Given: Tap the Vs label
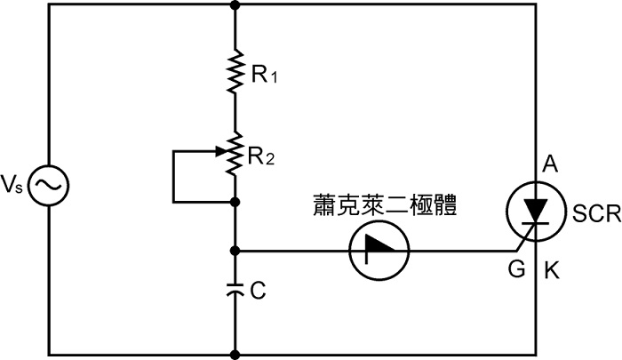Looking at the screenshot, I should pyautogui.click(x=13, y=185).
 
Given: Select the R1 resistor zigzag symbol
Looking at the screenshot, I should pyautogui.click(x=235, y=73).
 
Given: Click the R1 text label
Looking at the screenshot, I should pyautogui.click(x=264, y=76).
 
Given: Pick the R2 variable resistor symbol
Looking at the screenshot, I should pyautogui.click(x=235, y=153).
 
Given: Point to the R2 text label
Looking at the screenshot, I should pyautogui.click(x=262, y=157).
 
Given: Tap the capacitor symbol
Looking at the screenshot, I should pyautogui.click(x=235, y=288).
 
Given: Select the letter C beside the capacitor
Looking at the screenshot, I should pyautogui.click(x=258, y=291).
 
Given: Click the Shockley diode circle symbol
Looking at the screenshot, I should pyautogui.click(x=379, y=250).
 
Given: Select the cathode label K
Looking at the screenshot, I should pyautogui.click(x=551, y=270).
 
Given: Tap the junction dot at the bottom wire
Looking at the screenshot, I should pyautogui.click(x=235, y=354).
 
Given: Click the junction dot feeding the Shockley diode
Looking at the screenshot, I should pyautogui.click(x=235, y=250).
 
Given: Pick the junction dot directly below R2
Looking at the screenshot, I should pyautogui.click(x=235, y=203).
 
